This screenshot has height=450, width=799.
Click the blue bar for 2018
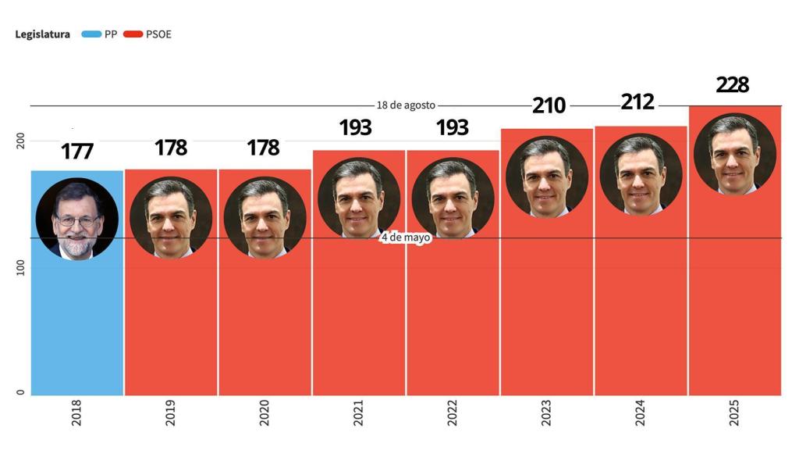click(x=77, y=328)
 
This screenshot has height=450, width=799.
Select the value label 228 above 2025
click(x=732, y=84)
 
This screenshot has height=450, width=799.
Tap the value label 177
click(x=77, y=151)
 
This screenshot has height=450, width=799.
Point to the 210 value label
click(x=549, y=105)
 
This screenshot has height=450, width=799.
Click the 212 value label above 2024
click(x=637, y=102)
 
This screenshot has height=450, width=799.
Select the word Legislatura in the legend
click(x=43, y=34)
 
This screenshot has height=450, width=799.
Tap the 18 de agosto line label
click(x=406, y=105)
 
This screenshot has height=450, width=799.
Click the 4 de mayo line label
click(x=406, y=237)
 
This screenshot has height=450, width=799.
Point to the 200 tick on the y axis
click(x=22, y=141)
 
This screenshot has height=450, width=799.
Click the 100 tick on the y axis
click(x=22, y=268)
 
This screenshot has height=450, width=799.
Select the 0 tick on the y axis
click(x=22, y=393)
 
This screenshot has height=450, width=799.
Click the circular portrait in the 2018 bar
click(x=77, y=219)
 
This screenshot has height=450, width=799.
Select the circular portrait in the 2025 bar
click(x=734, y=154)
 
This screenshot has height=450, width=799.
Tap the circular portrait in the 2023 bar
click(x=546, y=177)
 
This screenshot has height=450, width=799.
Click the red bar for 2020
click(x=265, y=328)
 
